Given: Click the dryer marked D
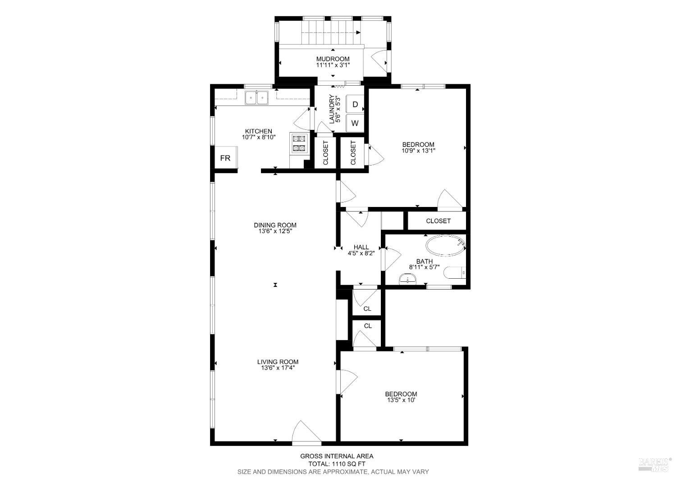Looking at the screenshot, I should [355, 104].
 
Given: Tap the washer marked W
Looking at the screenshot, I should [355, 123].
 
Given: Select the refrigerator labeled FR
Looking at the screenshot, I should [225, 158].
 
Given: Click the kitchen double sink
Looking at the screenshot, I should [256, 97].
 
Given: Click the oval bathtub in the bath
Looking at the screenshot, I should [445, 246].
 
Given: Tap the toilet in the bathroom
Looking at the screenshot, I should [454, 273].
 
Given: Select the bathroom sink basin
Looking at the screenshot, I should [408, 280].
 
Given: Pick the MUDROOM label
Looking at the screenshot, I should [333, 59].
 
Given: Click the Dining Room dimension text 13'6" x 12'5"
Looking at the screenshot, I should [275, 231].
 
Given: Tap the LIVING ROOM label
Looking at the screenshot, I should [278, 362].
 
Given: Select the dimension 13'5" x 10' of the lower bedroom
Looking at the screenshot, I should [401, 400].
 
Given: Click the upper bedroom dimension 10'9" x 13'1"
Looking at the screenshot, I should [418, 151].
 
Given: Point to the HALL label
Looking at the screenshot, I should [361, 247].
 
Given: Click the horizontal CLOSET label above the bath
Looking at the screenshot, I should [438, 221].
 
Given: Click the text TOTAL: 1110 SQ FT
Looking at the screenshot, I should [337, 464].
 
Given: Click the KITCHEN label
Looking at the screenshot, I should [258, 131].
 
